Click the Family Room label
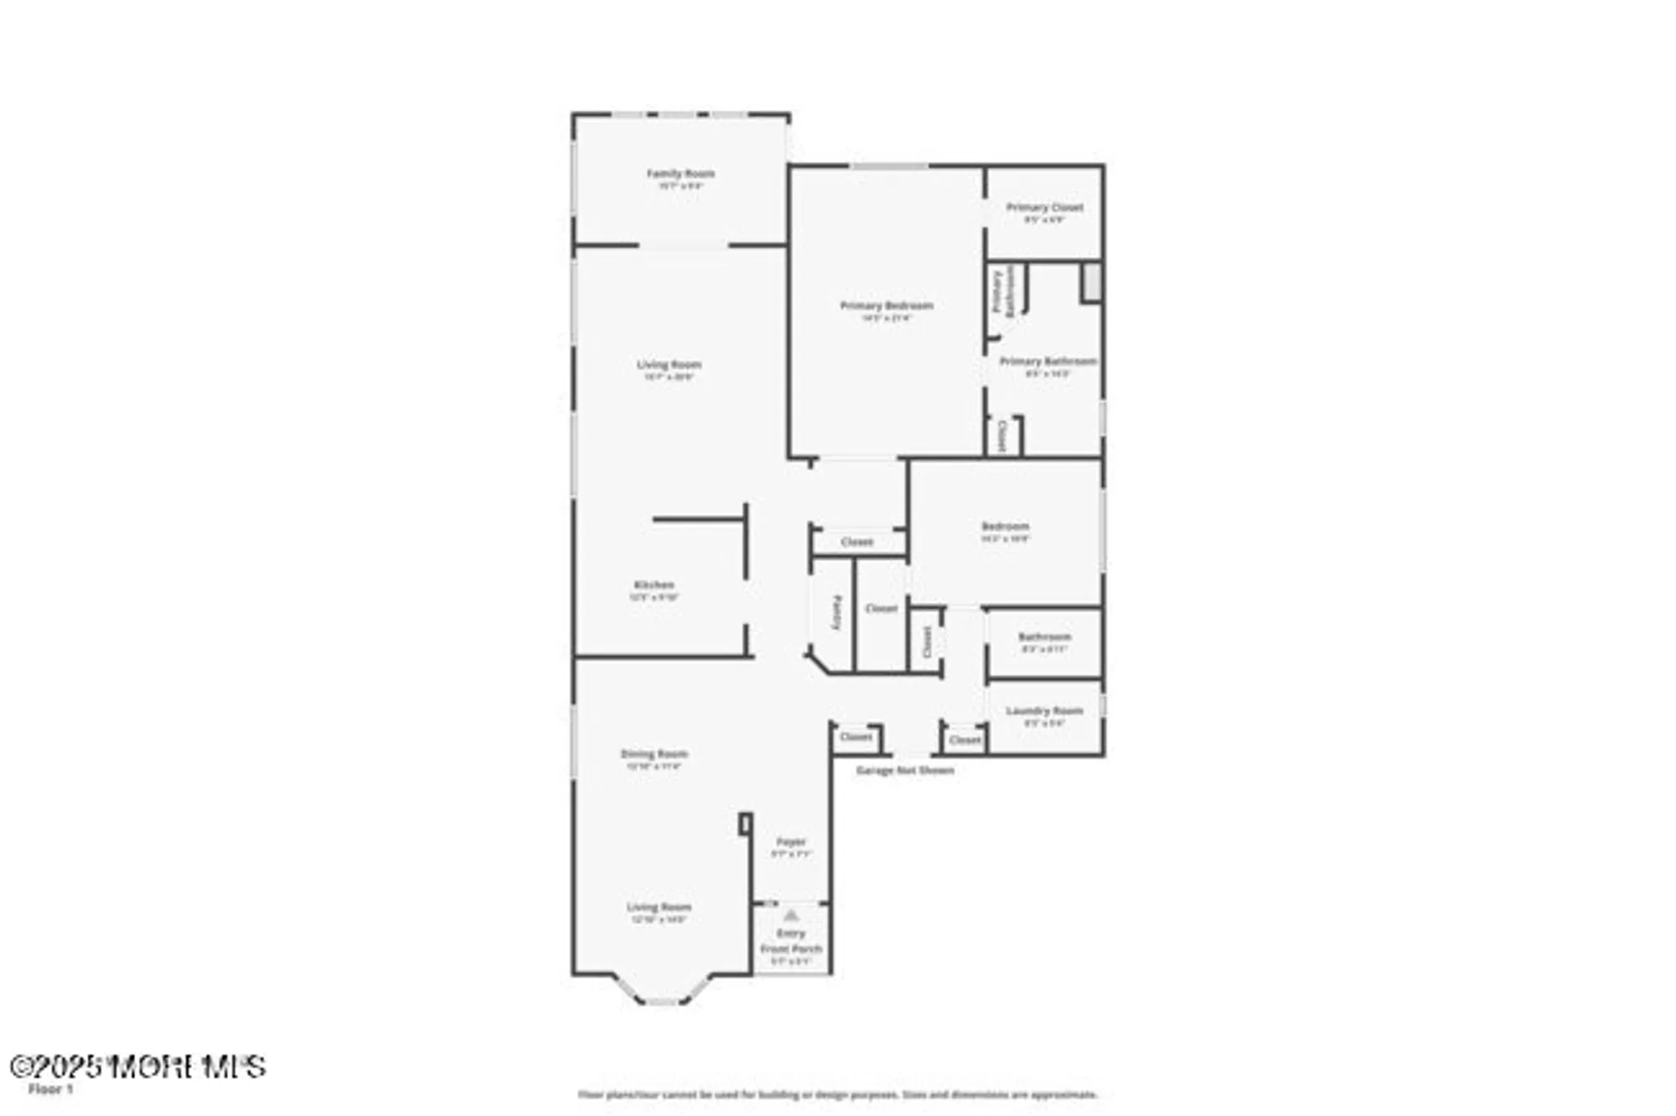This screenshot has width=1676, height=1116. click(680, 173)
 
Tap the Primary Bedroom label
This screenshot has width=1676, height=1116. click(887, 306)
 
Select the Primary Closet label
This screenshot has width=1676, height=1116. click(1044, 207)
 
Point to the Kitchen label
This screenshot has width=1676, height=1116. click(654, 585)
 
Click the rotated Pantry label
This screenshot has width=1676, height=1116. click(835, 612)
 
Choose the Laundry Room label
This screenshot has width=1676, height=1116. click(1044, 710)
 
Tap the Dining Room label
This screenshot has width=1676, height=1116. click(654, 753)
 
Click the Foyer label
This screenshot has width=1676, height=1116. click(791, 841)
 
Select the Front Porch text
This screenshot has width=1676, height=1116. click(791, 948)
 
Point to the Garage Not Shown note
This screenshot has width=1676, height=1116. click(905, 770)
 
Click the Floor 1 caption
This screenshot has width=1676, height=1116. click(51, 1089)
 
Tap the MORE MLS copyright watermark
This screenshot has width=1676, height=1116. click(138, 1067)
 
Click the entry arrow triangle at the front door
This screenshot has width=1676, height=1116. click(791, 916)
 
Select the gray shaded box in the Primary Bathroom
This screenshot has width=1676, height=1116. click(1090, 283)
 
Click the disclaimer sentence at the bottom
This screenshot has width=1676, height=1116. click(837, 1094)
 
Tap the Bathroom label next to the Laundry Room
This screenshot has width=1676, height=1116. click(1044, 637)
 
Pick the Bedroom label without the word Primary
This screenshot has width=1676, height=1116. click(1005, 526)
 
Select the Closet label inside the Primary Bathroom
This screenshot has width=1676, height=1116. click(1002, 436)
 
